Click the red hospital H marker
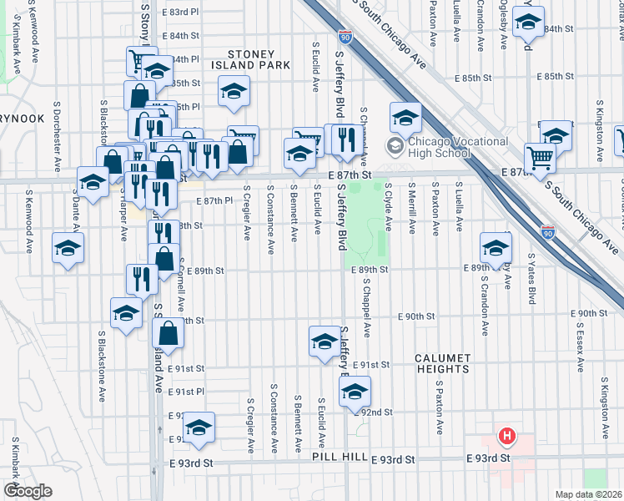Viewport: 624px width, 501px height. [506, 436]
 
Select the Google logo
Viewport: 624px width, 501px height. [27, 491]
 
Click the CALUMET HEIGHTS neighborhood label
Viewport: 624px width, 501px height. [442, 363]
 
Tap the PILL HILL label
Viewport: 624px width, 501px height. [340, 458]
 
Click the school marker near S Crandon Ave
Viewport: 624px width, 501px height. [496, 247]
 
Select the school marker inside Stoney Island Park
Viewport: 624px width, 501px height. [234, 91]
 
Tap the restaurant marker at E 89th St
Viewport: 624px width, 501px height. [143, 279]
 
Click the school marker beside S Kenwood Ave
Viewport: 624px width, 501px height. [68, 247]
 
